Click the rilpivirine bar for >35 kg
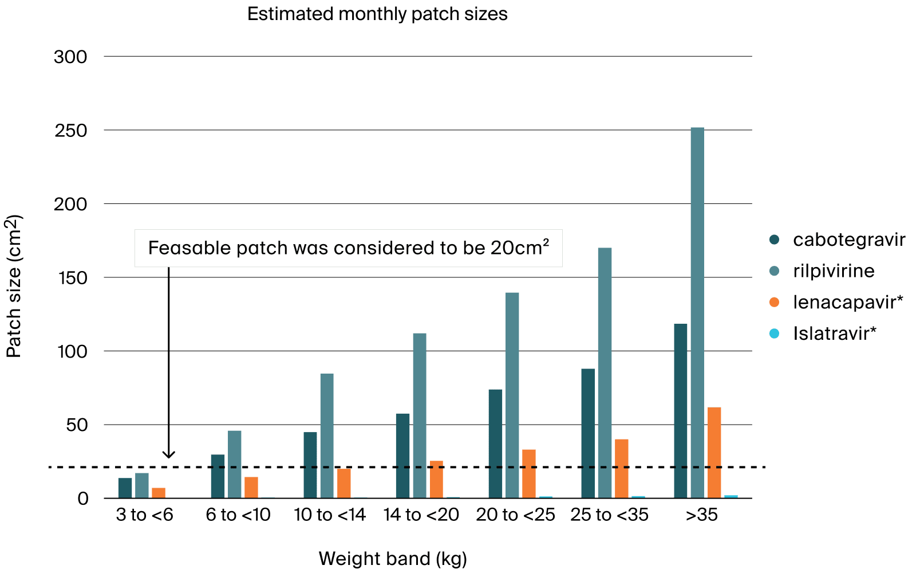coord(697,313)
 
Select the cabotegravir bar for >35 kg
coord(681,411)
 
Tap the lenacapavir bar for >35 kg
coord(714,453)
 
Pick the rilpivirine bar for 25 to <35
coord(605,373)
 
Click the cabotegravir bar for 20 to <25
coord(495,444)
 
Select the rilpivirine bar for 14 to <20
coord(420,416)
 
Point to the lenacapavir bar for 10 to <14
coord(344,484)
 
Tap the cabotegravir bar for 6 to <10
coord(218,476)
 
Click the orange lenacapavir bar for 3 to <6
coord(159,493)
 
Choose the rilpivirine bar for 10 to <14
coord(327,436)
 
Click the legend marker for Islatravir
coord(774,333)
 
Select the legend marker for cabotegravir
coord(774,240)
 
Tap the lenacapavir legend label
coord(848,302)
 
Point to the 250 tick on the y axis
coord(71,131)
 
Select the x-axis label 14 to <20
coord(421,515)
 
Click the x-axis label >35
coord(702,515)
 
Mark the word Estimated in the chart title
coord(290,14)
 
